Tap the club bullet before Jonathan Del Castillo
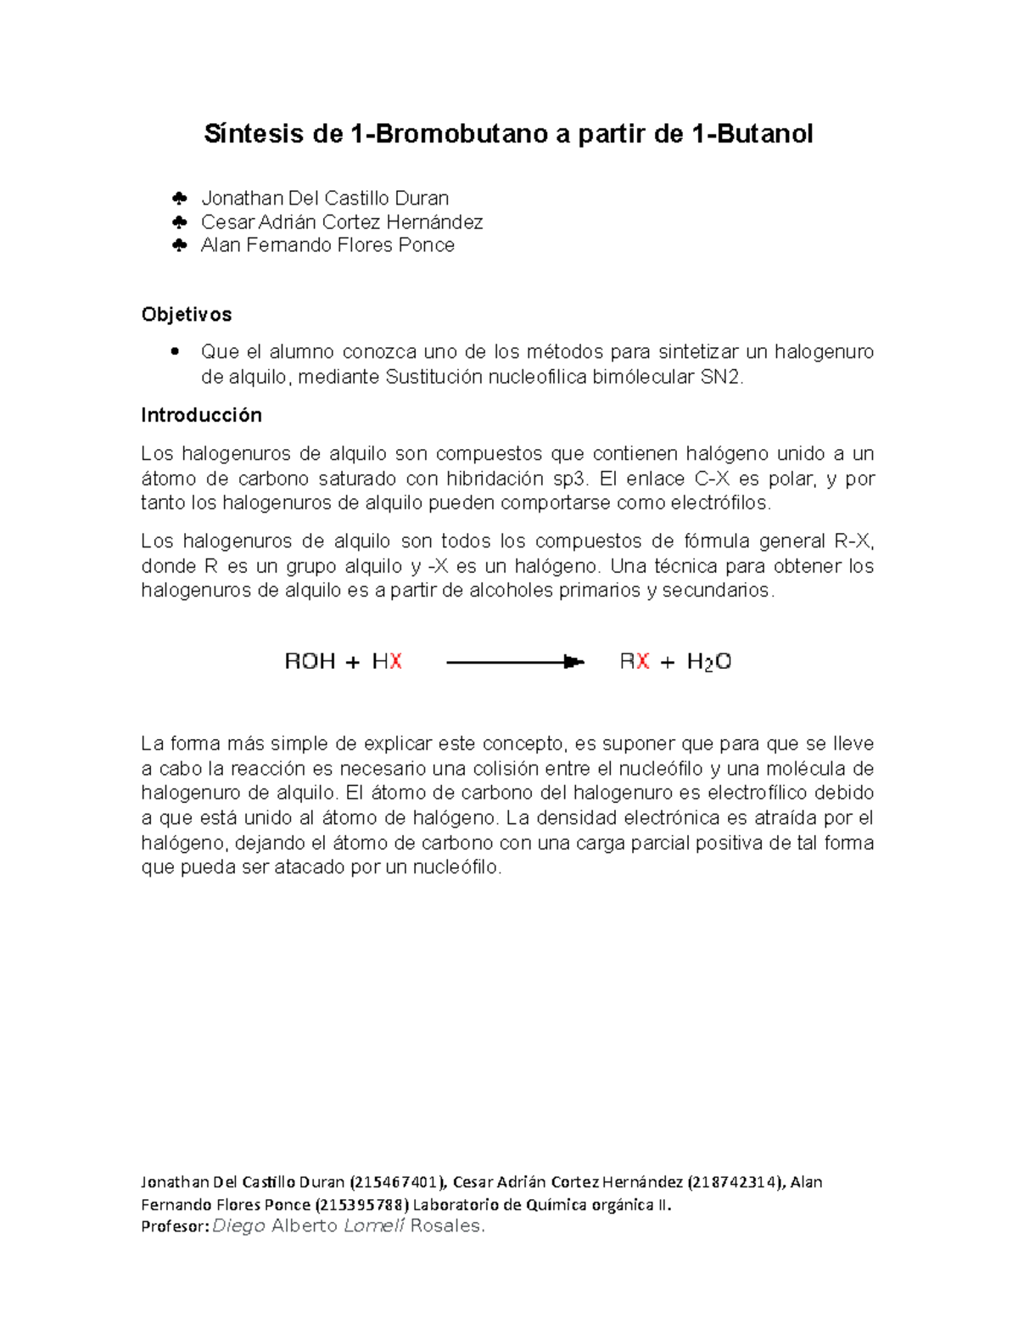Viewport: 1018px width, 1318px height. [179, 199]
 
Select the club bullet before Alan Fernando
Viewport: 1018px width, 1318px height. [179, 245]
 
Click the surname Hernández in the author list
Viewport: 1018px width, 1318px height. [434, 222]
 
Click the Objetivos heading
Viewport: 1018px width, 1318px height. [186, 315]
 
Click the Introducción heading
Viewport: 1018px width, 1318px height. [201, 415]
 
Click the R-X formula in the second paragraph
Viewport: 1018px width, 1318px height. [853, 541]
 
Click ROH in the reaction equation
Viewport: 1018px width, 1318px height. [310, 662]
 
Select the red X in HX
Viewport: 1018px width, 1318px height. [395, 662]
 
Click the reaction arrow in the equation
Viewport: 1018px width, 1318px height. [515, 662]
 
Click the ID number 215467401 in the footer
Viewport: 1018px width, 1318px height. [397, 1182]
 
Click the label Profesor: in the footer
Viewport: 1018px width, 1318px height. [174, 1226]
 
